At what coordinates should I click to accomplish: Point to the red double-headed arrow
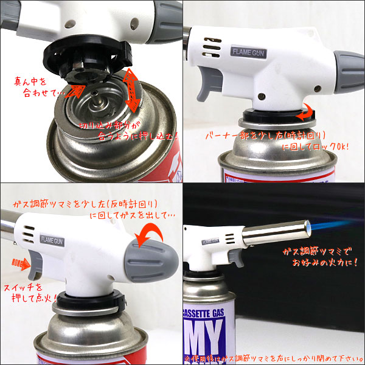131,91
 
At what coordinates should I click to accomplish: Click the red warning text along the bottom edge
274,358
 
